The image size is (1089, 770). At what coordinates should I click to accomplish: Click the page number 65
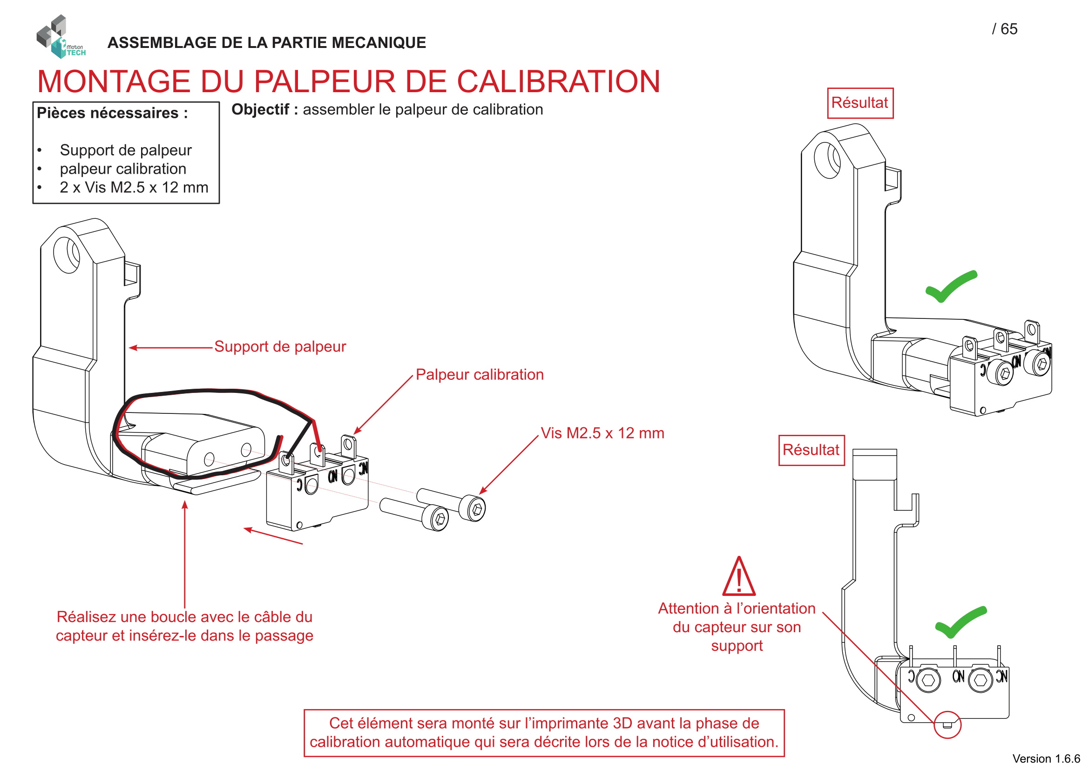(x=1008, y=29)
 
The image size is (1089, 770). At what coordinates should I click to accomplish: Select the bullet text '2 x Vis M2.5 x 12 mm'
(x=134, y=188)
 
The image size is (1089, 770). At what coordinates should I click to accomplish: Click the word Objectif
(x=260, y=109)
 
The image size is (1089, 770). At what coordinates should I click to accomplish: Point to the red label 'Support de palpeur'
(x=280, y=347)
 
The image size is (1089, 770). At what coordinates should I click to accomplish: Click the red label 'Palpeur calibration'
(x=480, y=375)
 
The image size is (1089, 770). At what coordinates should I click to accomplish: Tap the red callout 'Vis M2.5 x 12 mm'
(x=602, y=433)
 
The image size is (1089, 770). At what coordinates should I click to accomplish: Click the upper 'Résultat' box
(x=860, y=103)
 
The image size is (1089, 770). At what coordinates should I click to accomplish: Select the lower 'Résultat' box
(x=811, y=450)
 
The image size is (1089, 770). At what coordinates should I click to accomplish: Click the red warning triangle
(x=738, y=577)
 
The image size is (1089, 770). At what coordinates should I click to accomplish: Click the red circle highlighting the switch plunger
(x=947, y=724)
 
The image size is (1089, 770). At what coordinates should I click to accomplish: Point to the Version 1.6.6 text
(x=1046, y=759)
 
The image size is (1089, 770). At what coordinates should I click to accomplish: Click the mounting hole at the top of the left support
(x=67, y=255)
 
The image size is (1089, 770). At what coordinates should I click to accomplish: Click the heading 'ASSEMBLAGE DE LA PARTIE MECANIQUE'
(x=267, y=43)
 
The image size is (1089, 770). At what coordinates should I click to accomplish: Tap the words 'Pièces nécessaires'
(x=107, y=113)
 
